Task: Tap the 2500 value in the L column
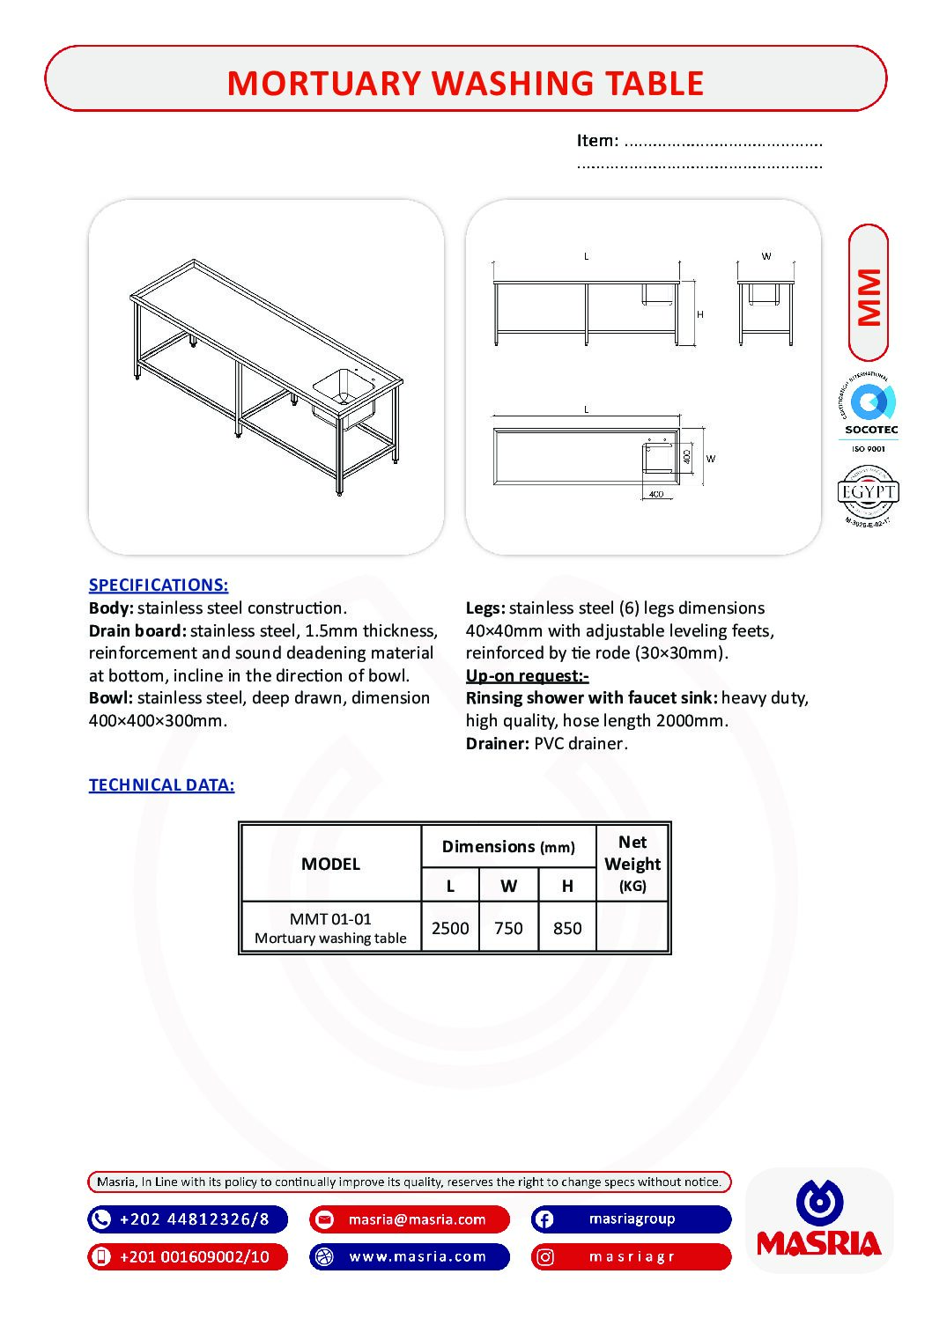click(450, 928)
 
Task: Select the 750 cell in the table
click(508, 928)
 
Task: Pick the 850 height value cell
click(567, 928)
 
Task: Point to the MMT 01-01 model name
click(330, 918)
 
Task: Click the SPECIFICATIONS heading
click(159, 585)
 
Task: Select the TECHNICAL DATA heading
click(161, 784)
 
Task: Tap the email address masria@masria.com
click(417, 1219)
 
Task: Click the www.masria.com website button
click(417, 1256)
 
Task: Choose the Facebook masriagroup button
click(632, 1219)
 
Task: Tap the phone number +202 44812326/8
click(194, 1219)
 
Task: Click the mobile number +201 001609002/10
click(194, 1256)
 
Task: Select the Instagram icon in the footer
click(545, 1256)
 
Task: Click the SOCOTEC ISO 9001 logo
click(870, 413)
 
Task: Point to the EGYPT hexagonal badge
click(869, 492)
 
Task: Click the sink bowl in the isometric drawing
click(343, 387)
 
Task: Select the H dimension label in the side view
click(700, 314)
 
